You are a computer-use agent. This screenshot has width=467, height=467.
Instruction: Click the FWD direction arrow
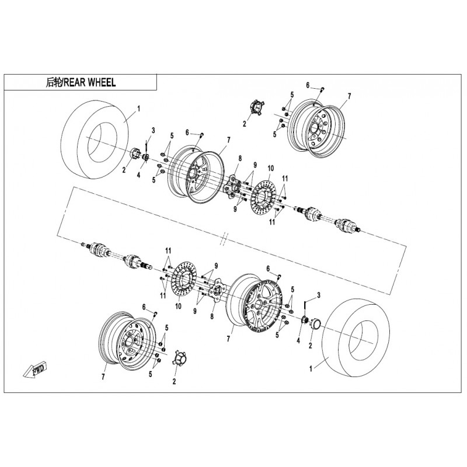(35, 370)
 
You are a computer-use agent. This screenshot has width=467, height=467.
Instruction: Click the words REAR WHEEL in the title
(90, 82)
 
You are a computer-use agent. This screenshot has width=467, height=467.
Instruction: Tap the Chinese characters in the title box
(54, 82)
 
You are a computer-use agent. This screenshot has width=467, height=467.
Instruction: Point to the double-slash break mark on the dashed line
(224, 239)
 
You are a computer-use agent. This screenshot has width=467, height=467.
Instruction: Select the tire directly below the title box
(95, 140)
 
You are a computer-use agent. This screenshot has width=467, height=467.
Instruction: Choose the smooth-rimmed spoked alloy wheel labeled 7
(195, 174)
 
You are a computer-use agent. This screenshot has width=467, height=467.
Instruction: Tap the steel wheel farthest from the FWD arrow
(316, 128)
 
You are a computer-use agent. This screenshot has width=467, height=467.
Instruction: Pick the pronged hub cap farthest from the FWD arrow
(256, 108)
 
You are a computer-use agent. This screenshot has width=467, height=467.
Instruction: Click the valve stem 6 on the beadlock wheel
(280, 276)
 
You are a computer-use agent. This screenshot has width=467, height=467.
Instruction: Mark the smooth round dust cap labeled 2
(315, 323)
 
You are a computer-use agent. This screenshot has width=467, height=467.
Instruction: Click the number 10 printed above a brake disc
(270, 169)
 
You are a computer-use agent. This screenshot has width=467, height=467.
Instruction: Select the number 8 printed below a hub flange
(212, 316)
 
